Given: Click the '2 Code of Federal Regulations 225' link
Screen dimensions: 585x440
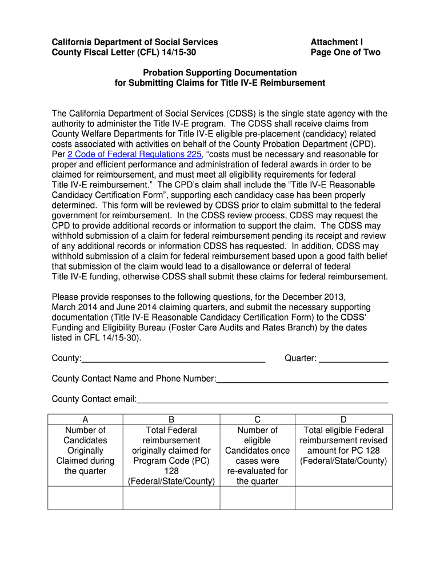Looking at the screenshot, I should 134,154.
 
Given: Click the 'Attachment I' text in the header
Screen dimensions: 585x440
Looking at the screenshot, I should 337,42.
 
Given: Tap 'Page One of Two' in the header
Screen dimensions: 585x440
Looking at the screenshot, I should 345,53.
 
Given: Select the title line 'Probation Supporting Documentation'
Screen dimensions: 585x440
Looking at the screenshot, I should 220,73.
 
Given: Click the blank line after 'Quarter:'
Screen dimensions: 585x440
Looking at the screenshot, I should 354,359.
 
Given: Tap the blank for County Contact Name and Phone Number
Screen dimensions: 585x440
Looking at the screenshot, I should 302,378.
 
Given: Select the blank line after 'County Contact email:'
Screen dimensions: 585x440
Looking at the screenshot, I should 262,399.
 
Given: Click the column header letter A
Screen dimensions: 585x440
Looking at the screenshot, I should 85,419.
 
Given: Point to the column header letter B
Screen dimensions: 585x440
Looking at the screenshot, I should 171,419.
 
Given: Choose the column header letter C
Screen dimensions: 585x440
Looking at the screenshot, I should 258,419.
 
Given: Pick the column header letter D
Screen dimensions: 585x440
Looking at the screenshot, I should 343,419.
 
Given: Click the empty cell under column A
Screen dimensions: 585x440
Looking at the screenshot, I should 85,498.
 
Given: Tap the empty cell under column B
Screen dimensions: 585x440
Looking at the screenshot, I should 171,498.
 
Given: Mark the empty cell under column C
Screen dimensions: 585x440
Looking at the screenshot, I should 258,498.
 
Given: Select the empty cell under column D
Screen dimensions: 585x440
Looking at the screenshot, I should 343,498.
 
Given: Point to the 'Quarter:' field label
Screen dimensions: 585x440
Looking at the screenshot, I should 301,358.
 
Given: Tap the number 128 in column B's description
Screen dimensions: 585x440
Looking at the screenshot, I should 171,471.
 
